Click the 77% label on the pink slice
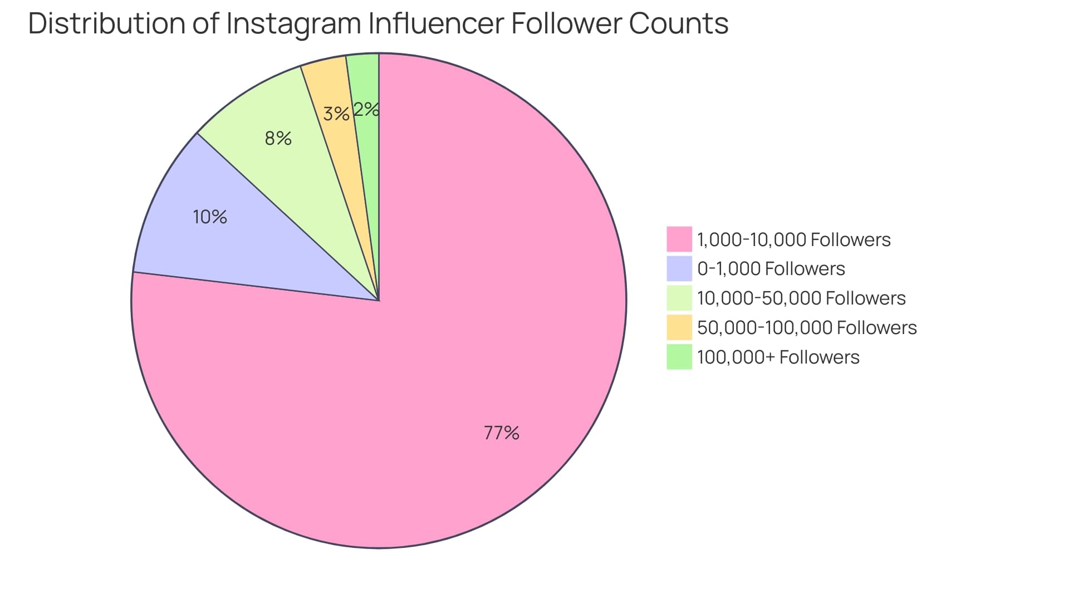click(501, 433)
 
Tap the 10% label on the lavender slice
click(210, 217)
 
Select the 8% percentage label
click(278, 138)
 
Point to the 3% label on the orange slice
click(336, 114)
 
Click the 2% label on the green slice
click(366, 109)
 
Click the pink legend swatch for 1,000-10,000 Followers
click(679, 239)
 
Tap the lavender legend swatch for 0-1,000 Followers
click(679, 268)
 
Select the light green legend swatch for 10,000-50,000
click(679, 298)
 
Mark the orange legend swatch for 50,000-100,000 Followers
click(679, 327)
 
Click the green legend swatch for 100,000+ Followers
click(679, 357)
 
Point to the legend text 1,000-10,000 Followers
click(794, 239)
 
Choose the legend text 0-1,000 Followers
click(771, 269)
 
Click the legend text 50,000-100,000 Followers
click(807, 327)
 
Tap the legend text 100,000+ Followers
click(778, 357)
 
